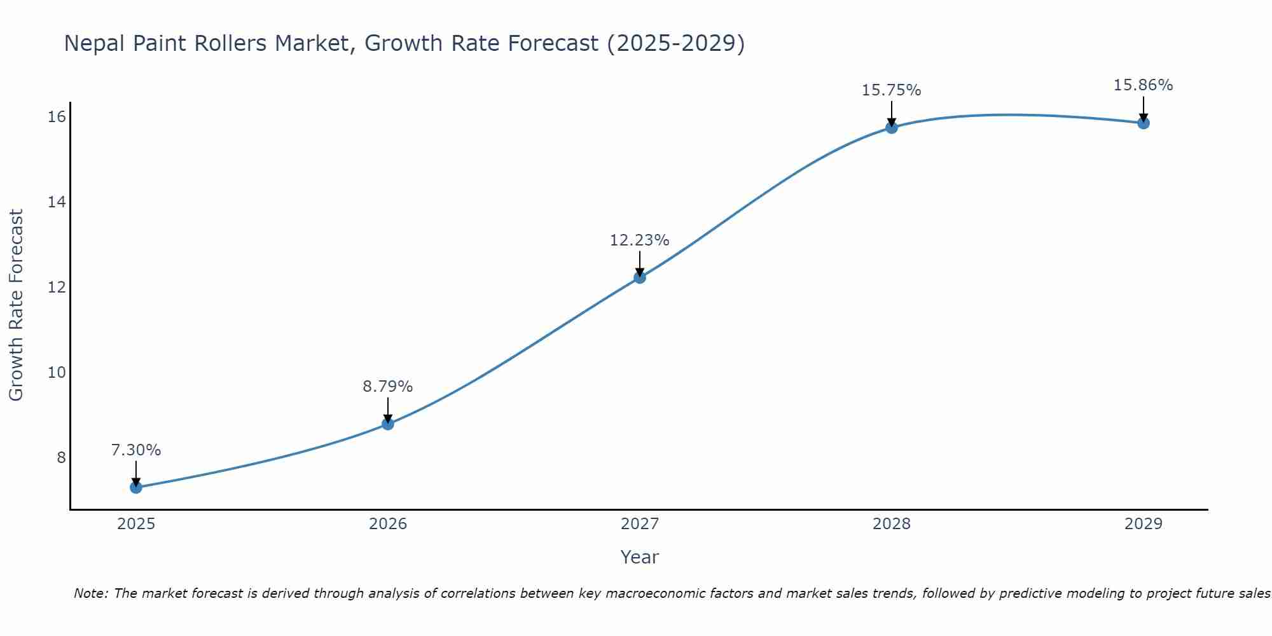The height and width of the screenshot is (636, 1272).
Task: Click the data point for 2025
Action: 136,487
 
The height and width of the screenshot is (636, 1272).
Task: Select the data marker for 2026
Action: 388,424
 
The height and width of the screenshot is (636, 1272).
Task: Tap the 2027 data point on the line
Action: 640,277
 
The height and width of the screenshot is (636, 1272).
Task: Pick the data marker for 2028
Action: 892,127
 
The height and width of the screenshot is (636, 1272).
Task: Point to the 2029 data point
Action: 1144,123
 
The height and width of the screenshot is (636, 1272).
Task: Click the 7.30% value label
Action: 136,450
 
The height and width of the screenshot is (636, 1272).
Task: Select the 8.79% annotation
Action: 388,387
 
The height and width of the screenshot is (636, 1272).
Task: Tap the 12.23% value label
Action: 640,240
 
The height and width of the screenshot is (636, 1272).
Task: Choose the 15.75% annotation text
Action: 892,90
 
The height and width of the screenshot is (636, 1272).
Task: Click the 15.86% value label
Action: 1144,85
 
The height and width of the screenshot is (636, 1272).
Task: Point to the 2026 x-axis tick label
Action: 388,524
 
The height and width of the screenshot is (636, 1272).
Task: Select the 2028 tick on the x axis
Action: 892,524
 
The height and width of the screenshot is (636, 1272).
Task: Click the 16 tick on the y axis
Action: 57,116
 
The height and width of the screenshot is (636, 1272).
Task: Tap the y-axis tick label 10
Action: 57,372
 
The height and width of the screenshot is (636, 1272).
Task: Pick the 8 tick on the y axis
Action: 61,457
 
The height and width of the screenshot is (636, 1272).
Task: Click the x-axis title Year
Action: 640,557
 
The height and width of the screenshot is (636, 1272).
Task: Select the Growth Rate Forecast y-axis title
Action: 17,305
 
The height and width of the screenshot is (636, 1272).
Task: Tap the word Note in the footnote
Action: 92,593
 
